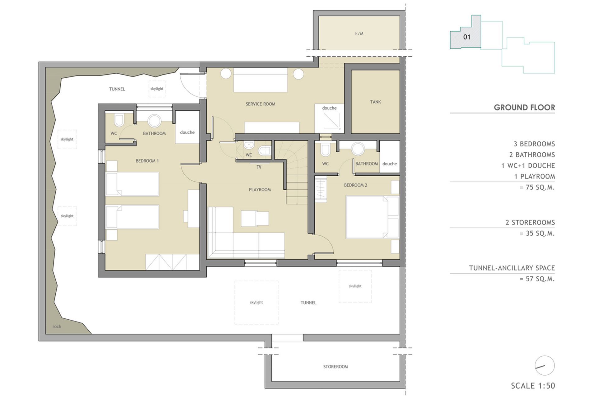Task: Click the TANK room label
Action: (x=375, y=102)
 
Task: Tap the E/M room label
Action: (x=359, y=34)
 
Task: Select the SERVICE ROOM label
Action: (x=260, y=104)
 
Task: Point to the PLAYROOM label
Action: (x=260, y=190)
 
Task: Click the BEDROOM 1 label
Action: (x=147, y=161)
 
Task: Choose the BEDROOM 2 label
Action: (x=355, y=185)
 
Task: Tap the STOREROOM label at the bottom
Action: (x=336, y=367)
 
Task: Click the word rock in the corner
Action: (x=57, y=326)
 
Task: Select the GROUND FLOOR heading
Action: (x=524, y=108)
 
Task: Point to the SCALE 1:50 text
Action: (x=533, y=386)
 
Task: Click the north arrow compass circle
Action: (x=545, y=366)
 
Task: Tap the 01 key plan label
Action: (x=467, y=37)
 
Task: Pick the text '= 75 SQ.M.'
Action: (x=537, y=187)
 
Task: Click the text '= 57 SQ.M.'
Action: (x=537, y=279)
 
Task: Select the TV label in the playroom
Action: (x=259, y=167)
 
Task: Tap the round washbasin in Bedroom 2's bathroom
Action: (x=358, y=149)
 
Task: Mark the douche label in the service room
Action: (x=329, y=108)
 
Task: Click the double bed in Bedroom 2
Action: (x=372, y=217)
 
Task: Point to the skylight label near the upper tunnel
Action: (x=157, y=89)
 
